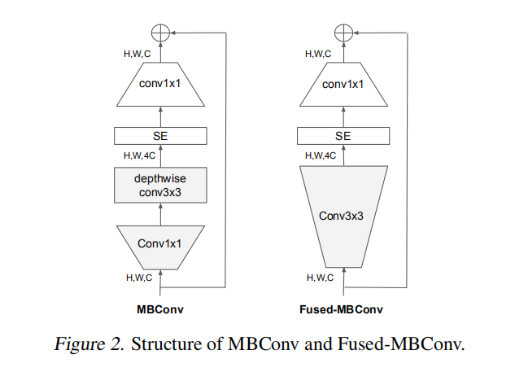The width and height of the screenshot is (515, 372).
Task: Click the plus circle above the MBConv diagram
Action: [161, 33]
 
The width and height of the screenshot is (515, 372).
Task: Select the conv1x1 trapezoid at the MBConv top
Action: [161, 85]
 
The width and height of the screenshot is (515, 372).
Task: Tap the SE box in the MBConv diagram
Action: [161, 136]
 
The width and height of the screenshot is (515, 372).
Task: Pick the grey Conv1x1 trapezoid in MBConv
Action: [161, 243]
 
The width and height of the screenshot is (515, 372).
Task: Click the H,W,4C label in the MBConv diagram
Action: [140, 155]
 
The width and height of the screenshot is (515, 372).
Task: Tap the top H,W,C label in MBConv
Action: [138, 54]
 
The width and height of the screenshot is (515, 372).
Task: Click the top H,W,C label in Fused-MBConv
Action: [320, 54]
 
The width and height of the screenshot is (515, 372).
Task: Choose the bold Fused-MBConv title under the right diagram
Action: [343, 310]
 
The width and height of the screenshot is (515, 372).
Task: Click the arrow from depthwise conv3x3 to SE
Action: [161, 155]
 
